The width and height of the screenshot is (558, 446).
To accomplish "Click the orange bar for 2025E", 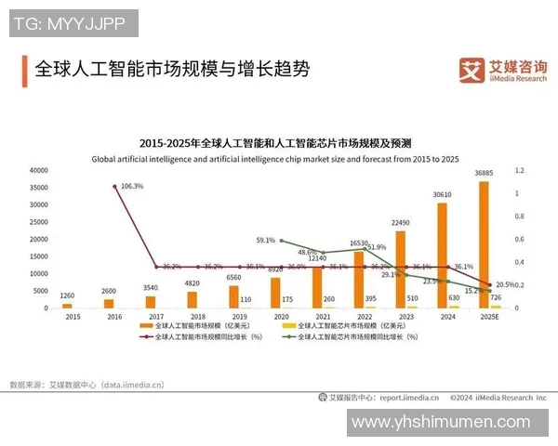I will point(484,244).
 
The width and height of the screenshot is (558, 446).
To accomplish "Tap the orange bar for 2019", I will point(233,296).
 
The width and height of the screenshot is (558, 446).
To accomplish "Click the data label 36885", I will point(484,173).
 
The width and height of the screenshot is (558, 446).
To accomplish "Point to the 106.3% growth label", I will point(132,186).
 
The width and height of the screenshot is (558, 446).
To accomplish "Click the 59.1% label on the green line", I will point(265,240).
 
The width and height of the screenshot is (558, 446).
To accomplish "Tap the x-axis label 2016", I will point(109,316).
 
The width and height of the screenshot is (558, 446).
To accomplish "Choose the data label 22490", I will point(400,222).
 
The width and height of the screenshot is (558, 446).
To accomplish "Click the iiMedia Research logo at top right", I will point(503,70).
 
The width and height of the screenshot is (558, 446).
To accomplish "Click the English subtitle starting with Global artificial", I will point(275,159).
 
